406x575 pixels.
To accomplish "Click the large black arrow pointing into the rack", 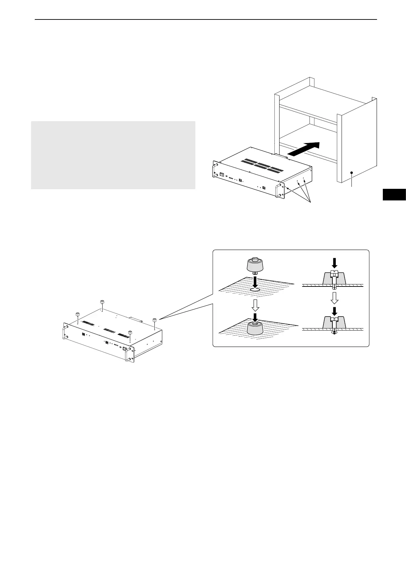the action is pos(304,149).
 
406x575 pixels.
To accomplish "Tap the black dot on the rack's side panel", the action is pos(351,173).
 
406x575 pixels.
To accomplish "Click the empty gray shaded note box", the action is pos(113,155).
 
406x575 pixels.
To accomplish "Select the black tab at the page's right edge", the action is pos(394,194).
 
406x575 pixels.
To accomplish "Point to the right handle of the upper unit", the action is pos(279,190).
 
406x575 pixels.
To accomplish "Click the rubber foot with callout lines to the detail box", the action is pos(155,320).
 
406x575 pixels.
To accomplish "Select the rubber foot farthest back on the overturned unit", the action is pos(102,302).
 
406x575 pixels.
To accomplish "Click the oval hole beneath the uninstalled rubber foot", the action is pos(255,289).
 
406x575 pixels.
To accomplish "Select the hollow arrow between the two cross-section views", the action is pos(335,298).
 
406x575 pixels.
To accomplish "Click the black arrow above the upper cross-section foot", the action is pos(335,262).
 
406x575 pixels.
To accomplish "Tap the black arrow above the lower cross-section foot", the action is pos(335,311).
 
